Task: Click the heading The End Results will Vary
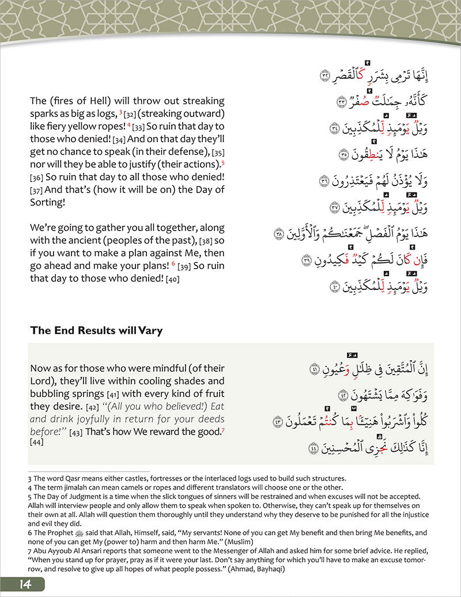click(96, 330)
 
